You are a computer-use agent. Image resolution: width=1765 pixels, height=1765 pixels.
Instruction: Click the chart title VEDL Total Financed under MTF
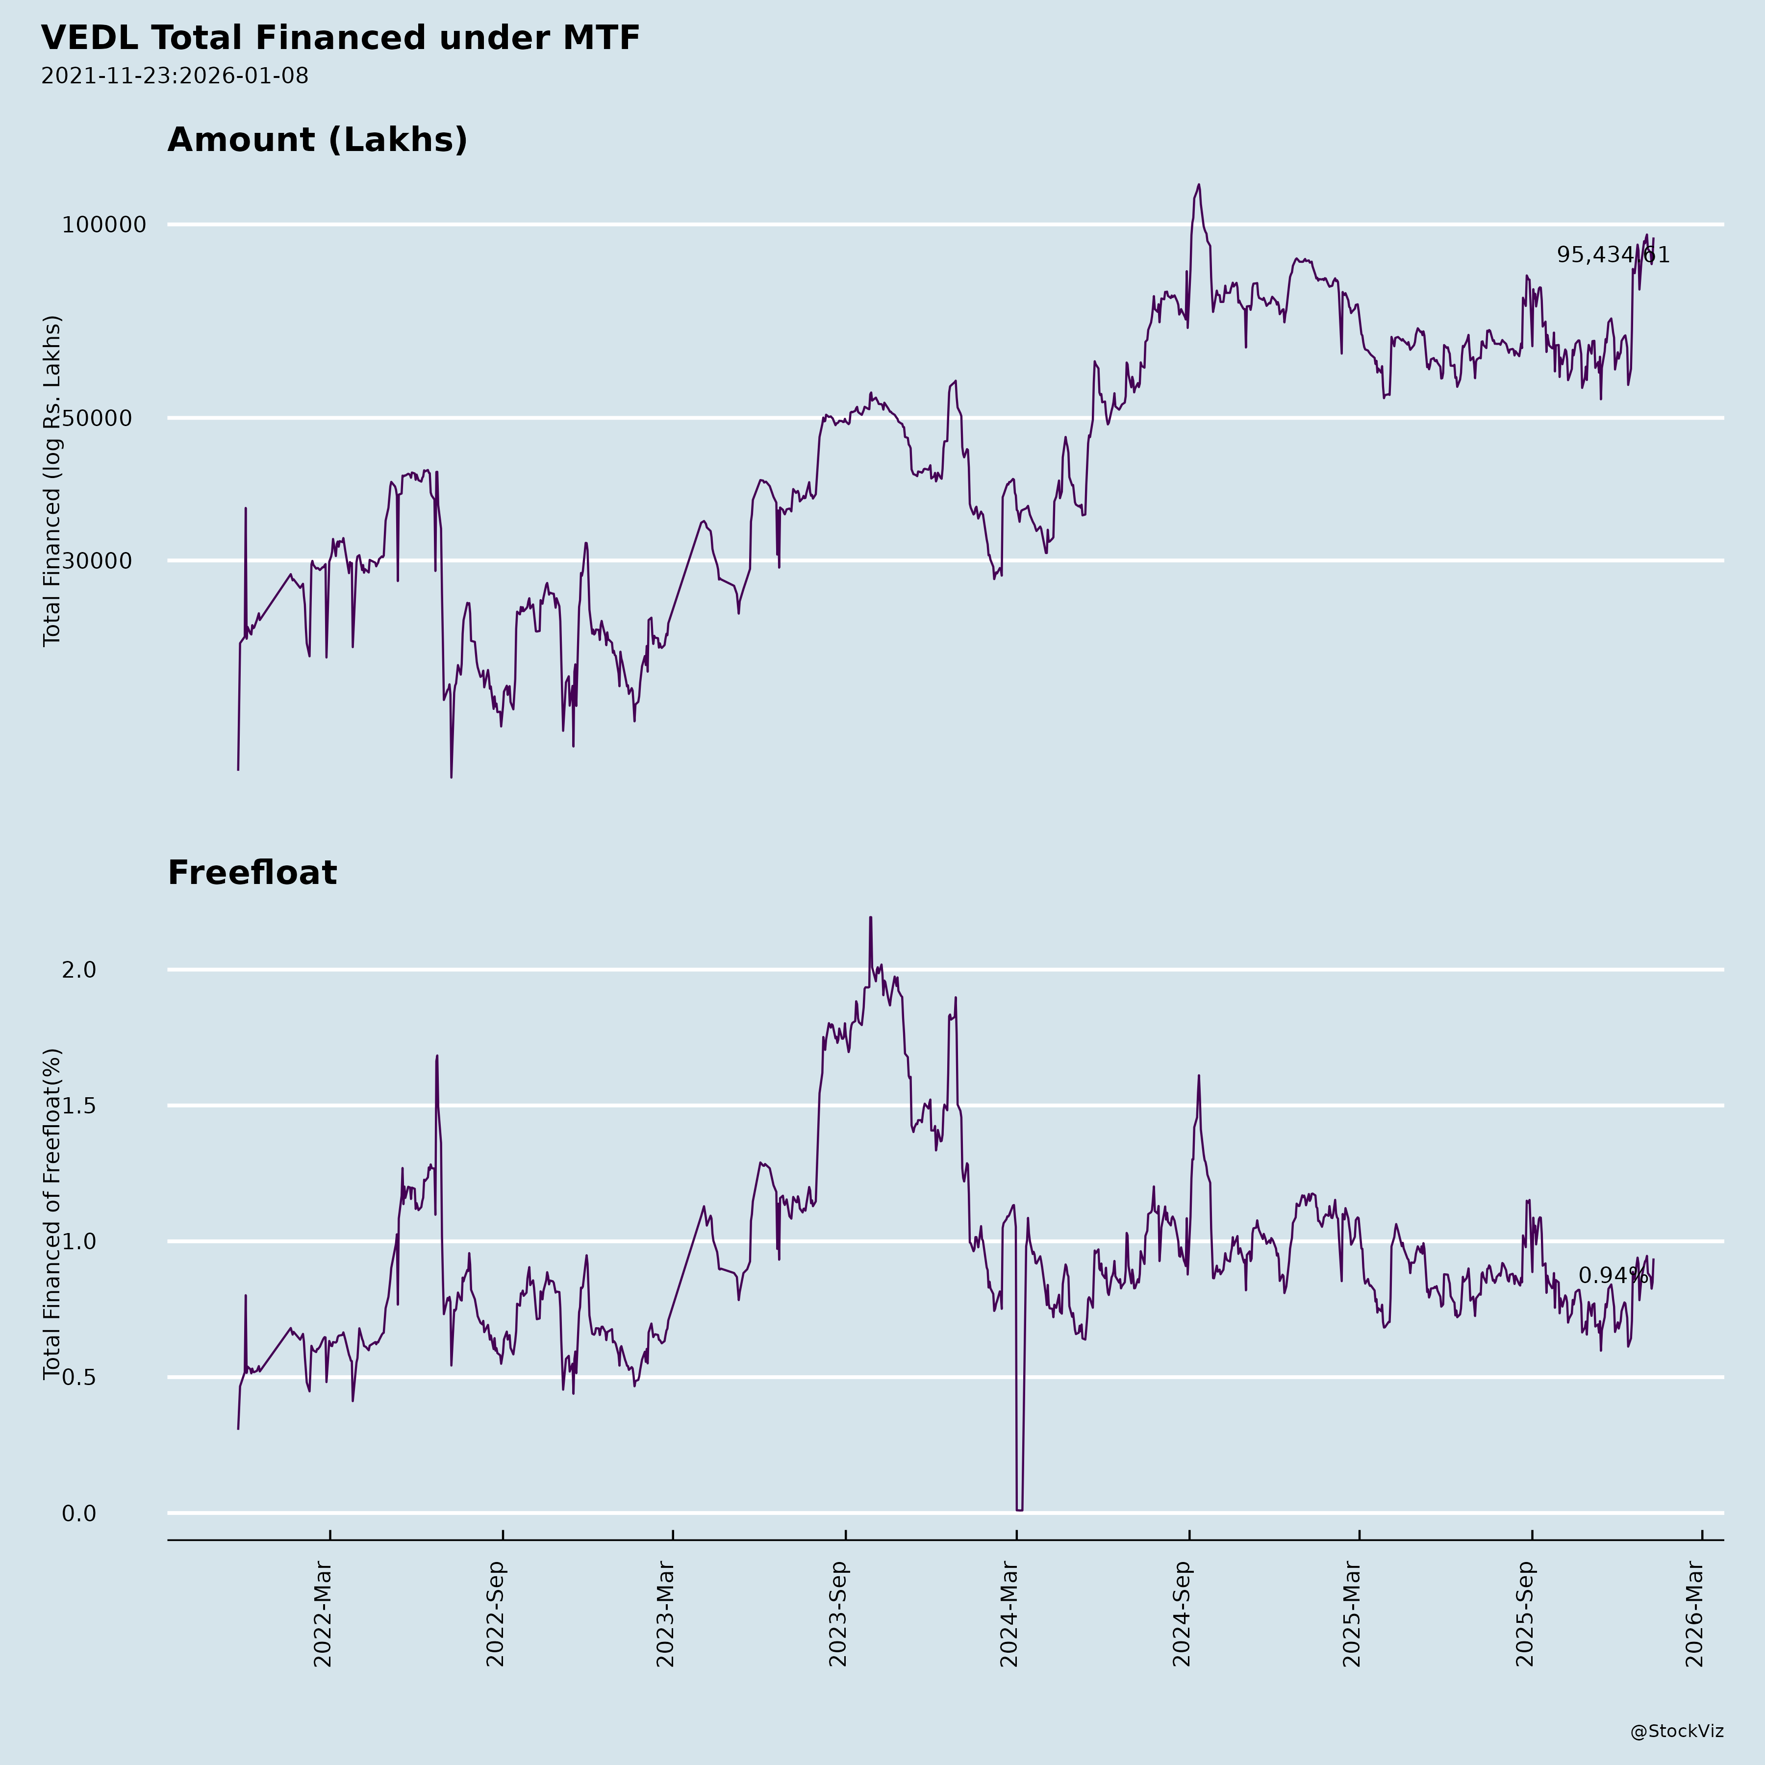[340, 38]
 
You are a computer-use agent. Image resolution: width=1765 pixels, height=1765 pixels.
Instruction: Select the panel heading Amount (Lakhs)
[317, 140]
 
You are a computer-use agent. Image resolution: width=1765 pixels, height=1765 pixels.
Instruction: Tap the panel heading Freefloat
[252, 873]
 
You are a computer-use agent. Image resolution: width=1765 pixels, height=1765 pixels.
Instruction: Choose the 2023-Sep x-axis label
[838, 1614]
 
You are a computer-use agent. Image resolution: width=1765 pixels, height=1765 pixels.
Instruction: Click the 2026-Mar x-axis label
[1695, 1614]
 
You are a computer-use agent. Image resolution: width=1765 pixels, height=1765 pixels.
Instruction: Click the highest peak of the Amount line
[1199, 184]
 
